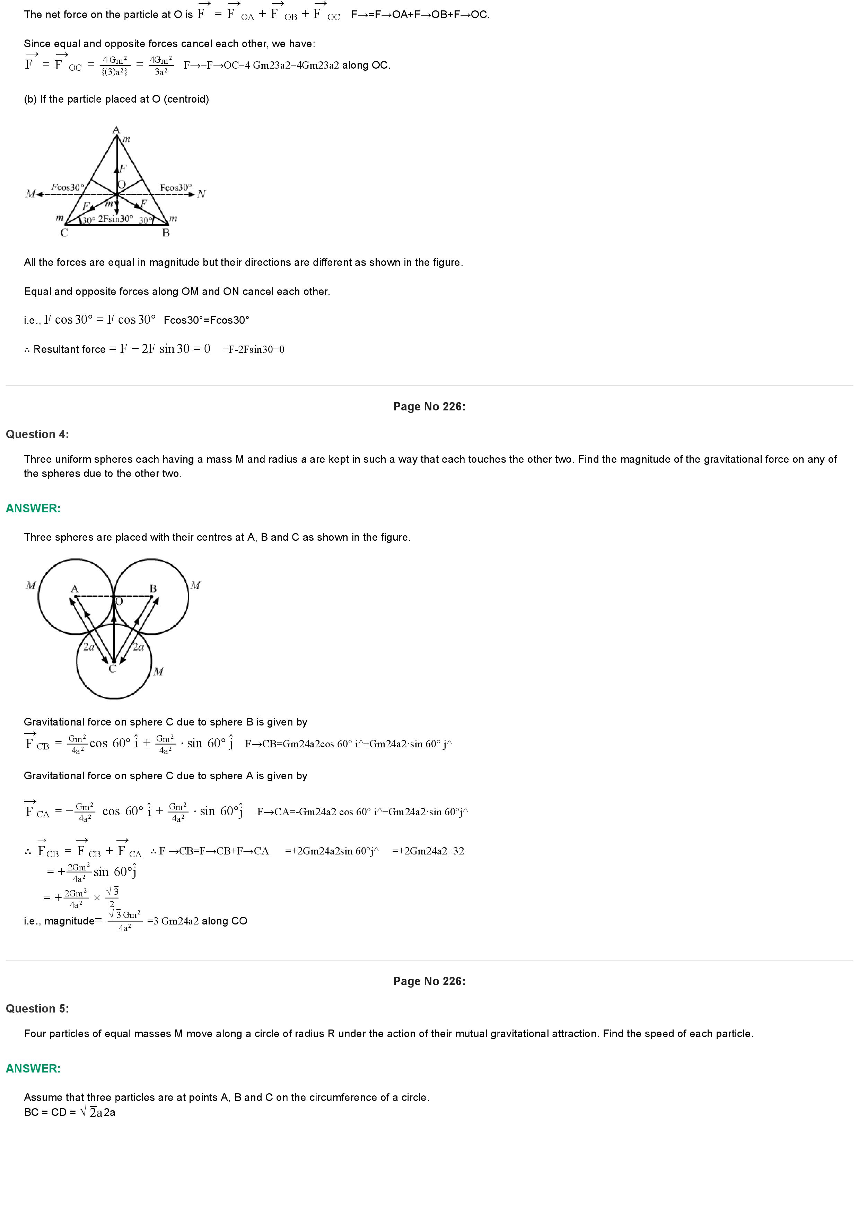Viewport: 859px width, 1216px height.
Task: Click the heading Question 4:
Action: pos(37,434)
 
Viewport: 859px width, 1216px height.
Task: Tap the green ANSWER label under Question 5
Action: pos(33,1068)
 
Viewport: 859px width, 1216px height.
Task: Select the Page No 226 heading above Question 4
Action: pos(429,406)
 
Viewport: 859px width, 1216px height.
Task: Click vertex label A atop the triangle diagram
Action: pos(116,130)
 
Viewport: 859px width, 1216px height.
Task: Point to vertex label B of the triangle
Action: pos(166,233)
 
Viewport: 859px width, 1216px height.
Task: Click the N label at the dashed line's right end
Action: pos(201,194)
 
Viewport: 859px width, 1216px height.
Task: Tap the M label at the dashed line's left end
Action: pos(30,194)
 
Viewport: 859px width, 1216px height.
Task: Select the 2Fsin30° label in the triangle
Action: pos(115,218)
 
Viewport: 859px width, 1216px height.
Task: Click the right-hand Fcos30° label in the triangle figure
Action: pos(176,188)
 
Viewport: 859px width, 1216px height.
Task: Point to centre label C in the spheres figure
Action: pos(112,669)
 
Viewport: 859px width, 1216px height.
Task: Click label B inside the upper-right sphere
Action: pos(153,588)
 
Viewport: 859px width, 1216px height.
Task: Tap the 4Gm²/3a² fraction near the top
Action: pos(161,66)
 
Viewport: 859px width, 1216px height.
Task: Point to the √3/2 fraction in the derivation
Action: pos(113,897)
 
